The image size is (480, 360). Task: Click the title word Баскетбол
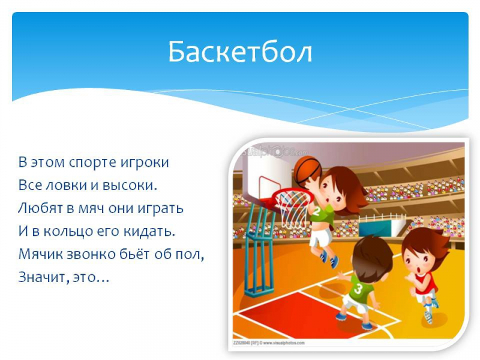pos(240,52)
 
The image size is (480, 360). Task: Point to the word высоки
pos(130,185)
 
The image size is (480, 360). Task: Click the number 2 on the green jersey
pos(317,212)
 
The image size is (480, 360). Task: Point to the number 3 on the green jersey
pos(358,288)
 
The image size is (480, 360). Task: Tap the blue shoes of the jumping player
pos(329,259)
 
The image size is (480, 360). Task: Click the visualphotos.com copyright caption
pos(269,343)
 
